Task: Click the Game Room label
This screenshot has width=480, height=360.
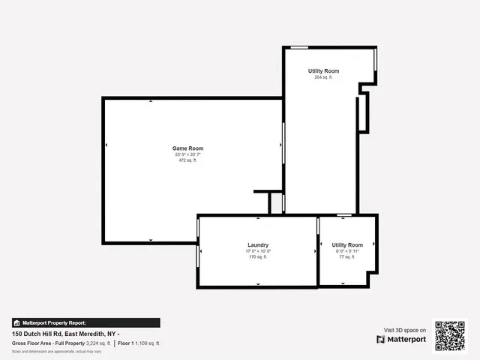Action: [187, 148]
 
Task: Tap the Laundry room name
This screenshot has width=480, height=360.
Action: [258, 245]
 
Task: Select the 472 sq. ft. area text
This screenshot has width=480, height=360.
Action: [187, 160]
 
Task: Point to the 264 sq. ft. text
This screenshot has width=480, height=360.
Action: [323, 77]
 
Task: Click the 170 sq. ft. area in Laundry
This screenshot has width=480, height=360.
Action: [258, 257]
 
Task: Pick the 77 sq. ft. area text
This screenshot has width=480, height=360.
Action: [347, 257]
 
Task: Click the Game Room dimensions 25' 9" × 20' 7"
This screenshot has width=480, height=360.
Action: [187, 154]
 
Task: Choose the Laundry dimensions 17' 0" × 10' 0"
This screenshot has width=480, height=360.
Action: [258, 251]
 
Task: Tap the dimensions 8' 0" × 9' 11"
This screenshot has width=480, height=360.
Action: [347, 251]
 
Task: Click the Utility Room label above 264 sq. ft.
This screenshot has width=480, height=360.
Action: [323, 70]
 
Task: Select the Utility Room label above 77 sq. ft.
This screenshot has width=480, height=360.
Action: [347, 245]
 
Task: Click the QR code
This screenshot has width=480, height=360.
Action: [451, 335]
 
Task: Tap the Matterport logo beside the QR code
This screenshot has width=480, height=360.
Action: [401, 340]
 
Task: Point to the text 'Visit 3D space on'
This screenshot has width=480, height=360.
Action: [405, 330]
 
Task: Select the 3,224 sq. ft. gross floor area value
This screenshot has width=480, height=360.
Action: [98, 343]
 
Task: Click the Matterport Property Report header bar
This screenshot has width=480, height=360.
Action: [85, 322]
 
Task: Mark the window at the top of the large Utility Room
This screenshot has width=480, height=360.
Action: [300, 47]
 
